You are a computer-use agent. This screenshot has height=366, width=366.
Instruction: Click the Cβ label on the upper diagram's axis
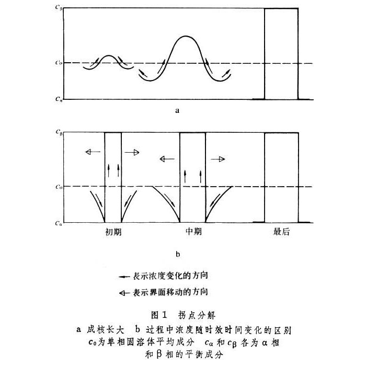[x=60, y=8]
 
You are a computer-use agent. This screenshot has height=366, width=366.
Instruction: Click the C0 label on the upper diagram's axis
[x=60, y=63]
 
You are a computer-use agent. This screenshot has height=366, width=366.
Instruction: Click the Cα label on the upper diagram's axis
[x=60, y=99]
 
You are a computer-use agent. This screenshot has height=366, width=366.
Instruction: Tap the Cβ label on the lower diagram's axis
[x=60, y=133]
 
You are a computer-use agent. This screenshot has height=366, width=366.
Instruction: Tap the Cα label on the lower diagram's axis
[x=60, y=223]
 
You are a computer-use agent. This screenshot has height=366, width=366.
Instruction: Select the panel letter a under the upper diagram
[x=178, y=111]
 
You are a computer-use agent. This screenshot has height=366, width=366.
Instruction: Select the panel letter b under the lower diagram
[x=178, y=255]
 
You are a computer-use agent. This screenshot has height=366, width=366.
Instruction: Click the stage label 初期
[x=113, y=232]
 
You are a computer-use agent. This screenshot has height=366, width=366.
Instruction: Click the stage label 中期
[x=193, y=232]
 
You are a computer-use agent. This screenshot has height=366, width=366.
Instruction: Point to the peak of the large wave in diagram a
[x=185, y=36]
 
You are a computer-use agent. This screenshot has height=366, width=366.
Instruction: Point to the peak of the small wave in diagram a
[x=108, y=55]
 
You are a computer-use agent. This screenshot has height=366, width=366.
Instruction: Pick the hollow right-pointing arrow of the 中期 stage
[x=219, y=158]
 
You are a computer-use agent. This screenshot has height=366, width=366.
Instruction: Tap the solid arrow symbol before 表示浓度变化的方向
[x=124, y=276]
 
